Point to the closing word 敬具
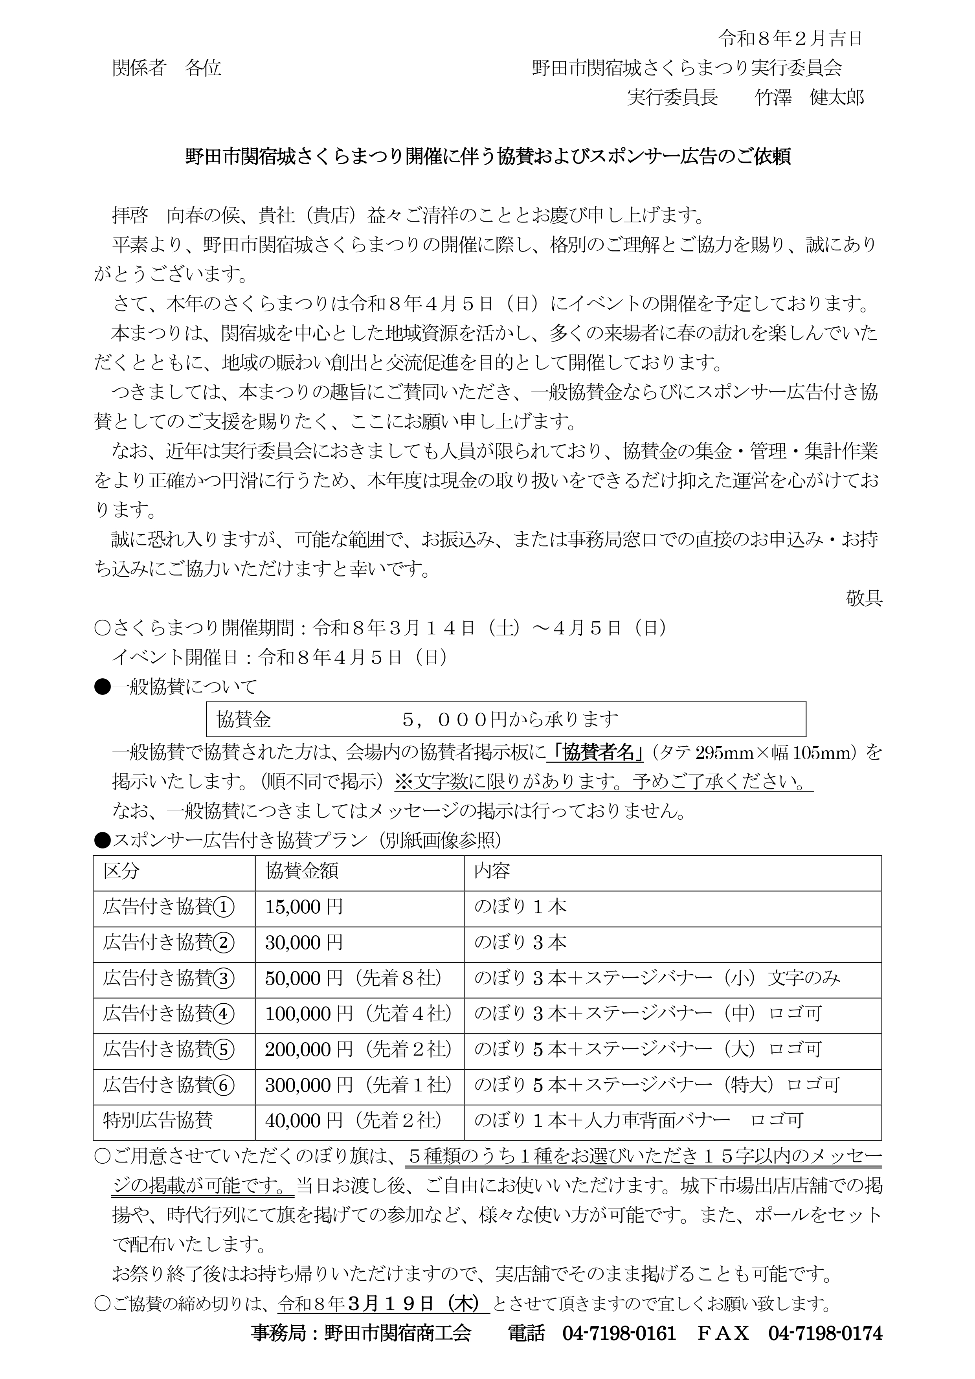864,598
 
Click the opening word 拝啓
130,215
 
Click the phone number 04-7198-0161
619,1333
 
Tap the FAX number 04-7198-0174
825,1333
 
